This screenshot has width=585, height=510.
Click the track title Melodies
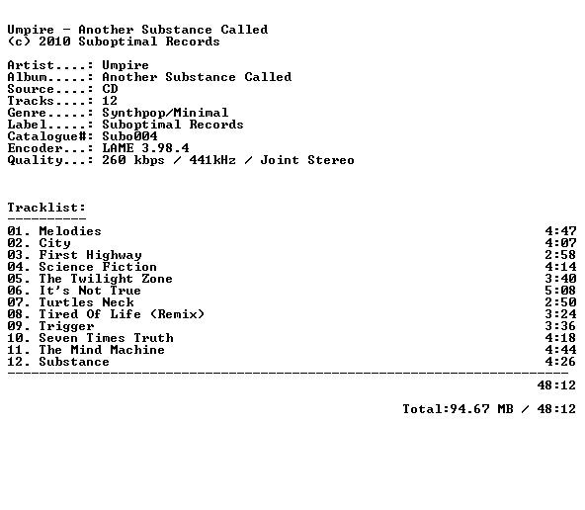70,231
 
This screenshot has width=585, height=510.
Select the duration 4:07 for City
560,243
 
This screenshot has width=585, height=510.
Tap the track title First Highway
90,255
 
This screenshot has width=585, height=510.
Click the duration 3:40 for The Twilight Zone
560,279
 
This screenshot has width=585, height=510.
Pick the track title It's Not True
90,291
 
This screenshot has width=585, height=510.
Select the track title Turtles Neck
86,302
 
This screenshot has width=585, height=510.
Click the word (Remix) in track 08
177,314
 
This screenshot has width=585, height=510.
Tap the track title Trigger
66,326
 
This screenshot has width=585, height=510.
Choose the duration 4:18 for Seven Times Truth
560,338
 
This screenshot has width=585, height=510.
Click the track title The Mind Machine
102,350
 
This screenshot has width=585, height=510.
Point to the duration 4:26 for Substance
560,362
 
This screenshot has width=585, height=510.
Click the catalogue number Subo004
129,136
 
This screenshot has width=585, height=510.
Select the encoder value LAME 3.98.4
145,148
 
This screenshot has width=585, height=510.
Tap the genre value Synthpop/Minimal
165,113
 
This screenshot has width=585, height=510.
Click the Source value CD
110,89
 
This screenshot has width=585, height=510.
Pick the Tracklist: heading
46,208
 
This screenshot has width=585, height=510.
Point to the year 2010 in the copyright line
54,42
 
